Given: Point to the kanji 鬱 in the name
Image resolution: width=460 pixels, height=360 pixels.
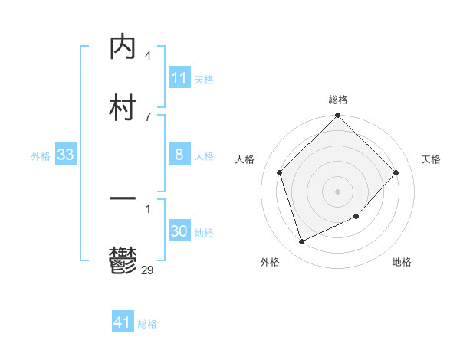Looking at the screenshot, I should [123, 260].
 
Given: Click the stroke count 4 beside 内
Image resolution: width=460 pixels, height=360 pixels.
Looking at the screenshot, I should [147, 56].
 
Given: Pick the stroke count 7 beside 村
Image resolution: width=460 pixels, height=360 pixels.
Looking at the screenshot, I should [147, 116].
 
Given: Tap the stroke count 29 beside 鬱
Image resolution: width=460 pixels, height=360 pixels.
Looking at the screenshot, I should [148, 269].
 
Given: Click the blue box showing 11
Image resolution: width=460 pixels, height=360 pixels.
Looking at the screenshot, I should [179, 78].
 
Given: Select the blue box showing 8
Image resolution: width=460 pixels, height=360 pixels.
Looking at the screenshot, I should [179, 155].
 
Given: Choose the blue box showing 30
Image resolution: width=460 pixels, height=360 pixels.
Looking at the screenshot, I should [179, 231].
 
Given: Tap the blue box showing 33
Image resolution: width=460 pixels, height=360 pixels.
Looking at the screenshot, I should [66, 155].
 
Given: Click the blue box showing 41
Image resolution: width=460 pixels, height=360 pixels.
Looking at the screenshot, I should [123, 322].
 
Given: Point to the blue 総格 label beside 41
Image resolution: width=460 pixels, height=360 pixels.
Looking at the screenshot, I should [147, 324].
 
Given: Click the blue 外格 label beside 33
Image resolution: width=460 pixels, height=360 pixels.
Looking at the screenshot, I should [41, 156].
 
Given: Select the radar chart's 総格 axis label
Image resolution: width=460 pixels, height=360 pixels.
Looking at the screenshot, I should [338, 100].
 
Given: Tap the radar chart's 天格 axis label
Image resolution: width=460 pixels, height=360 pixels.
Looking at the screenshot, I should [432, 159].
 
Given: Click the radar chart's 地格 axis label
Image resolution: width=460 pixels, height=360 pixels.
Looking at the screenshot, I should [402, 262].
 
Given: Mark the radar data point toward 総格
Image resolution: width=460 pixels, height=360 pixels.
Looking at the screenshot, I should [338, 116].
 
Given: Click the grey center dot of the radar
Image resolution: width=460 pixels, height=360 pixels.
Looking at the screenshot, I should [338, 191].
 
